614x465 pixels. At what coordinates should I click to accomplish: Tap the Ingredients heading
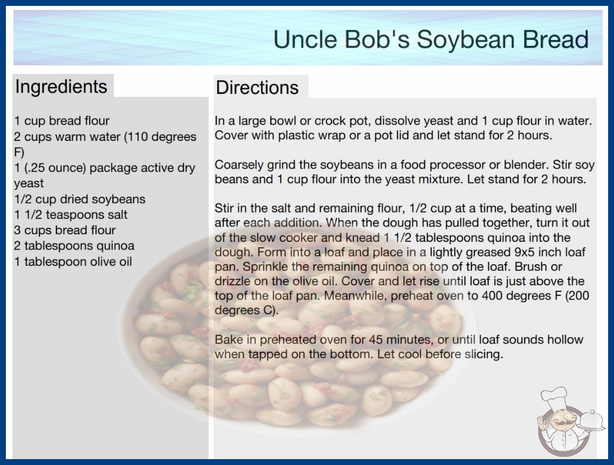coord(61,86)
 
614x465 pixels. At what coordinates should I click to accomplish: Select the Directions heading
coord(257,87)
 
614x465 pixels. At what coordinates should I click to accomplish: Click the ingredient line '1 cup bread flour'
coord(62,121)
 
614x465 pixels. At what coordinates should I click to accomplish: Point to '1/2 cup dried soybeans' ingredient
coord(79,199)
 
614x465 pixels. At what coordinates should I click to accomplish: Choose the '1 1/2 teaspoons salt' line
coord(71,215)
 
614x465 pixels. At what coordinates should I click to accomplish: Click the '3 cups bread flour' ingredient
coord(65,230)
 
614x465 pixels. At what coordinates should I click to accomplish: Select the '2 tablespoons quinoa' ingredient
coord(75,245)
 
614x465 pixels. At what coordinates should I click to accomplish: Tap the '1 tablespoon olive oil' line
coord(73,261)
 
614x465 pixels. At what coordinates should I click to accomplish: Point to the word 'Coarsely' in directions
coord(239,165)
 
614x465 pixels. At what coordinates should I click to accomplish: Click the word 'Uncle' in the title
coord(305,39)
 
